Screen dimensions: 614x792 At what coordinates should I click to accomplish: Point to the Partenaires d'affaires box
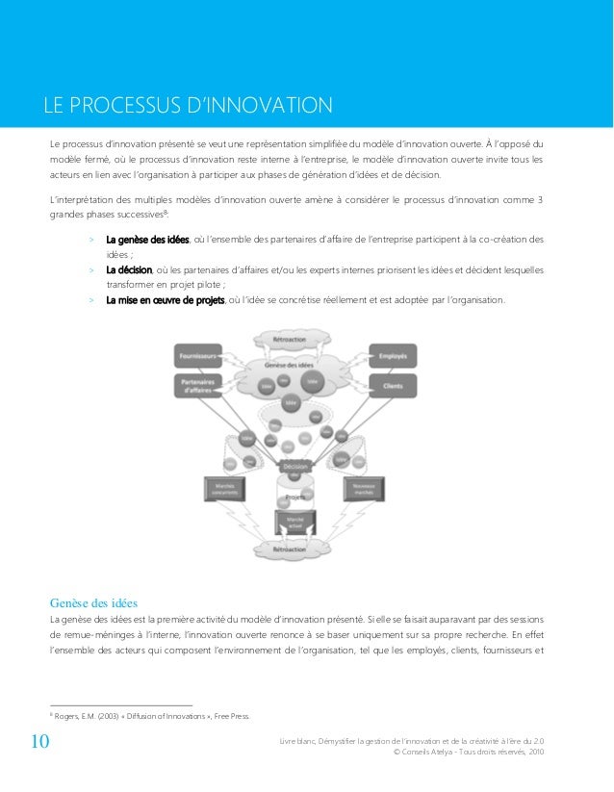point(198,388)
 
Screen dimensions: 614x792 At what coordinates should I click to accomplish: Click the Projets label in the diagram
point(294,497)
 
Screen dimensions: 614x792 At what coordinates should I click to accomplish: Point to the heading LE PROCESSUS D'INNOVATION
point(185,104)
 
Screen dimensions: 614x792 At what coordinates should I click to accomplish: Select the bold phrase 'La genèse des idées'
point(148,239)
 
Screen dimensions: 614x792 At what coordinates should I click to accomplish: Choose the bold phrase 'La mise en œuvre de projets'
point(165,300)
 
